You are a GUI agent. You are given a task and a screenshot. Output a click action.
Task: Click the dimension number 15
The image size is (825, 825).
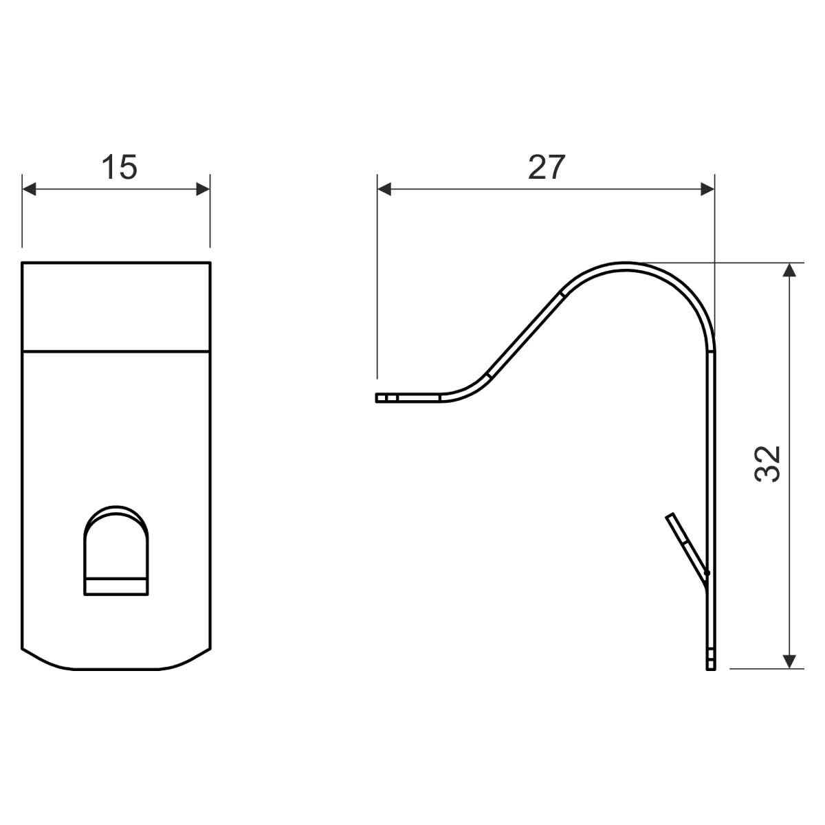[119, 167]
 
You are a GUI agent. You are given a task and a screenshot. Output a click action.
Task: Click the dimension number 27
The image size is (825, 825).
[546, 167]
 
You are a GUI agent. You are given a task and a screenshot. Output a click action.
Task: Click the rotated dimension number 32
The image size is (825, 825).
[767, 465]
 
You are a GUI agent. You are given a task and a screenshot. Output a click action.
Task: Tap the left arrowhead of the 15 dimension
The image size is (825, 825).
[29, 189]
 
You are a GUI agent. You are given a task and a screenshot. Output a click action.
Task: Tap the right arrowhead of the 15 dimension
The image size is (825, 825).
[203, 189]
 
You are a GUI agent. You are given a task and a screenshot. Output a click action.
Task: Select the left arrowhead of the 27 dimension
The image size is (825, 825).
[384, 189]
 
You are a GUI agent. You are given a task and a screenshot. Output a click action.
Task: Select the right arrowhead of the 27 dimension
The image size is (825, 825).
[707, 189]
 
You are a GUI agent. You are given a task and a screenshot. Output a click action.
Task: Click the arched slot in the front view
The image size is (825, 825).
[116, 550]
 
